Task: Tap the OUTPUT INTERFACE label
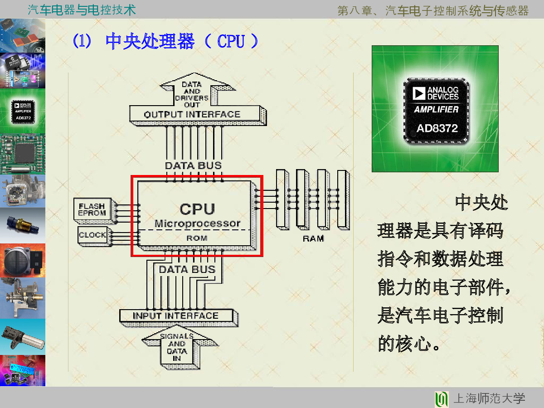pos(192,114)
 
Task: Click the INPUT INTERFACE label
pos(176,316)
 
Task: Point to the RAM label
pos(313,238)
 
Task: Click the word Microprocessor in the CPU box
pos(198,223)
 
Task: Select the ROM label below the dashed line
pos(197,238)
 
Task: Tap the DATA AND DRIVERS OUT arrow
pos(194,90)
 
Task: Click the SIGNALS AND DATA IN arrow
pos(179,347)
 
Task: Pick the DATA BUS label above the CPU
pos(193,165)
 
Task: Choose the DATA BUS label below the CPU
pos(187,269)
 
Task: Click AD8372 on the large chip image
pos(437,128)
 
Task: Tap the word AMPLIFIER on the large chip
pos(436,109)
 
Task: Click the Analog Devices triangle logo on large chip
pos(419,93)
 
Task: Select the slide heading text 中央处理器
pos(150,41)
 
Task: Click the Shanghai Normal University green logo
pos(442,399)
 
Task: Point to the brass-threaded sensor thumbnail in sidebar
pos(23,225)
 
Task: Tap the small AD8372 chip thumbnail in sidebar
pos(23,111)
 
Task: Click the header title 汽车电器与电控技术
pos(82,10)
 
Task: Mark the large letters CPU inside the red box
pos(197,209)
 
